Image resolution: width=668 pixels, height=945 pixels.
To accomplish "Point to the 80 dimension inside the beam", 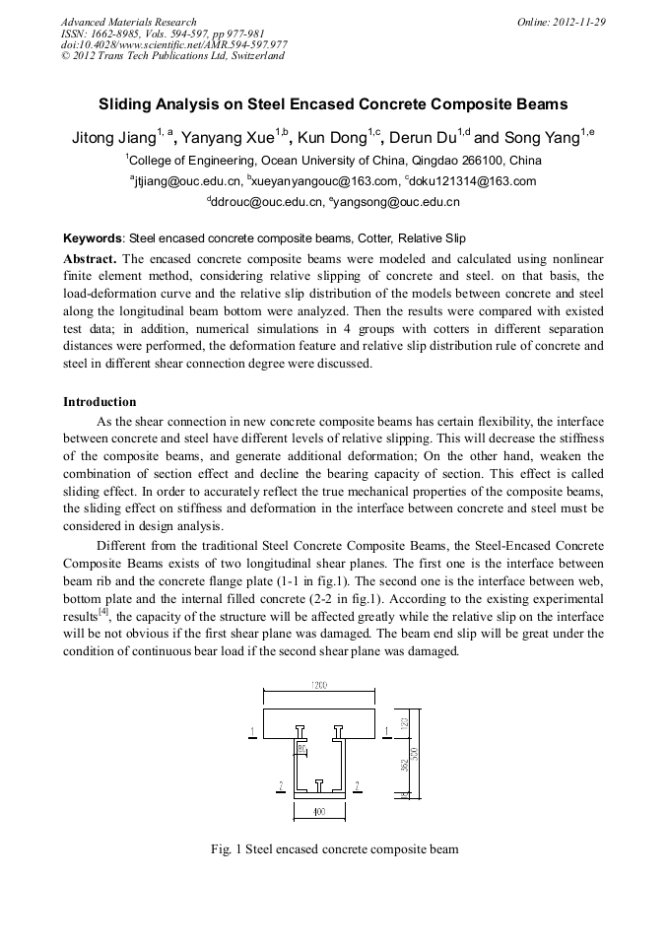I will (303, 750).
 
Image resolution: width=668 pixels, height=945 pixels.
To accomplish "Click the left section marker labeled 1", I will (254, 731).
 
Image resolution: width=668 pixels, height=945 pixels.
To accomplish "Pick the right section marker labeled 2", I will (356, 785).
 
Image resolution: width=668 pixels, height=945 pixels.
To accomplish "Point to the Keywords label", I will (93, 238).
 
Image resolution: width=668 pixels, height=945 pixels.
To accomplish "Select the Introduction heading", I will (100, 402).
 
